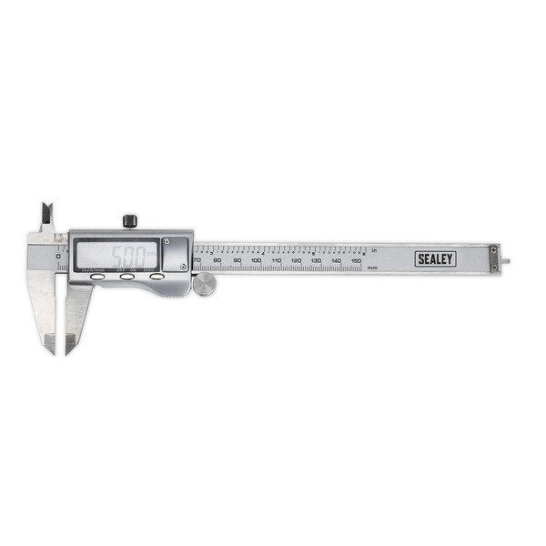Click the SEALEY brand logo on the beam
coord(435,259)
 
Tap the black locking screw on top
coord(130,220)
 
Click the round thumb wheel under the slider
coord(205,285)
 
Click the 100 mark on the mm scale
coord(256,261)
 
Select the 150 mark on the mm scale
coord(356,261)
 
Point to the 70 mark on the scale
coord(197,261)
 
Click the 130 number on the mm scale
coord(316,261)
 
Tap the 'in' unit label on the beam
coord(373,250)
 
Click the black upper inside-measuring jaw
coord(45,216)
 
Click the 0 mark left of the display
coord(57,257)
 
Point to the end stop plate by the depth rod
coord(494,258)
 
